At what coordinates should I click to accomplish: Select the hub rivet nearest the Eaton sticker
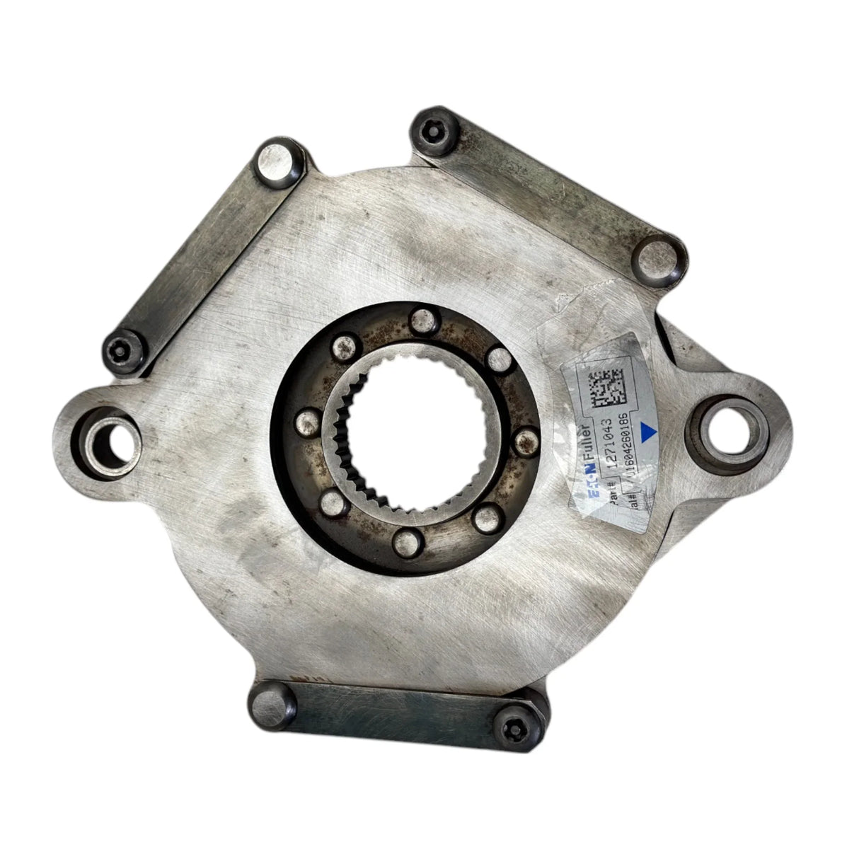point(524,442)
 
